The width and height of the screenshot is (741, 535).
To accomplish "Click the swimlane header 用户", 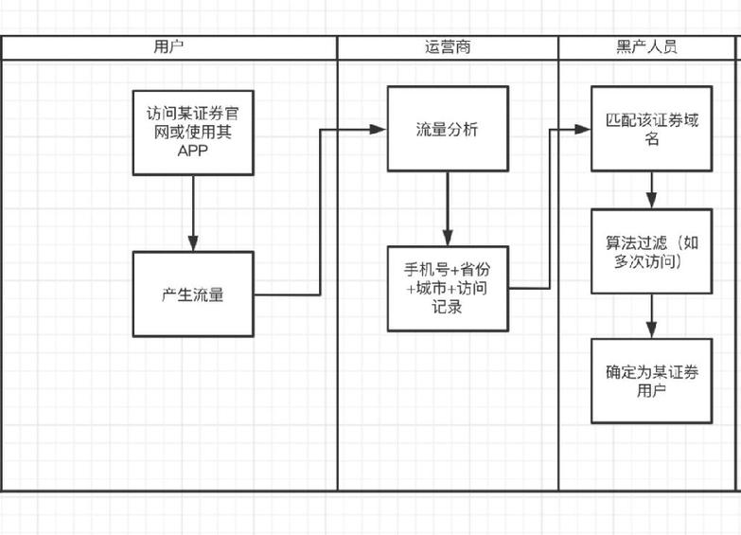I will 168,47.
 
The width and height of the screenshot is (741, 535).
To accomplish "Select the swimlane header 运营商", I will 448,47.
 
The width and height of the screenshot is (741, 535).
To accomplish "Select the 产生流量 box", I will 193,294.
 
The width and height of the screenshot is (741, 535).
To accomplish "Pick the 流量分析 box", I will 448,129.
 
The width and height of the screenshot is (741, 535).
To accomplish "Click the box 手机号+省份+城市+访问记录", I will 448,288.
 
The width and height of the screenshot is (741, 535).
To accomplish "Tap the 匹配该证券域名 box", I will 652,130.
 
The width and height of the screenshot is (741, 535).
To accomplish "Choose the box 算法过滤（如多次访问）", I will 652,251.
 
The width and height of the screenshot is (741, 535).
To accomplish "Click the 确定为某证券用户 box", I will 652,381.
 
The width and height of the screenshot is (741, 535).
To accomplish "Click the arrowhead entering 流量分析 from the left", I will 380,129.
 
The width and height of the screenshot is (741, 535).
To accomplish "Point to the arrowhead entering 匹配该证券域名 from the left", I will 584,128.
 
